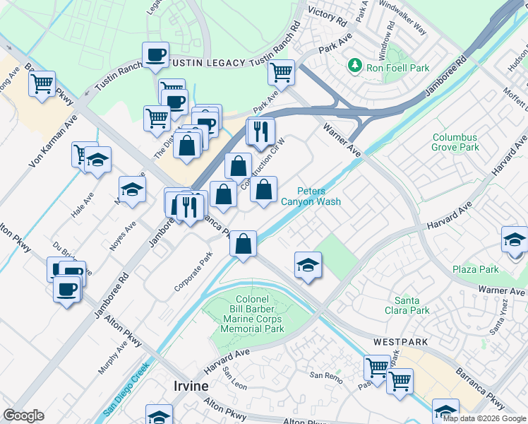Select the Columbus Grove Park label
455,142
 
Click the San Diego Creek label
124,389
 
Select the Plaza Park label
476,269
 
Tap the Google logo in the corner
23,416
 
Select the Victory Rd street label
326,14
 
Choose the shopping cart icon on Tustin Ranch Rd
281,71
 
